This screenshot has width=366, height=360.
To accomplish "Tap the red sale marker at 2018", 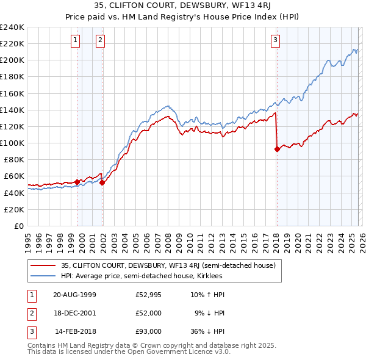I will [277, 148].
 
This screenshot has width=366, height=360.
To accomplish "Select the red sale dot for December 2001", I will [102, 182].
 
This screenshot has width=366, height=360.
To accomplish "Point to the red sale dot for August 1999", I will [77, 182].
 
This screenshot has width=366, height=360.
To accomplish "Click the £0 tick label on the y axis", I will [19, 226].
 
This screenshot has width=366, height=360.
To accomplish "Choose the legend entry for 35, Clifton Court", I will [168, 265].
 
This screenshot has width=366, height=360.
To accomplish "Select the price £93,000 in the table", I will [148, 331].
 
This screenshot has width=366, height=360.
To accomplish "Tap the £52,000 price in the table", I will [148, 313].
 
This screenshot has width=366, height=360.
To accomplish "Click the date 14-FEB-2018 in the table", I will [75, 331].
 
